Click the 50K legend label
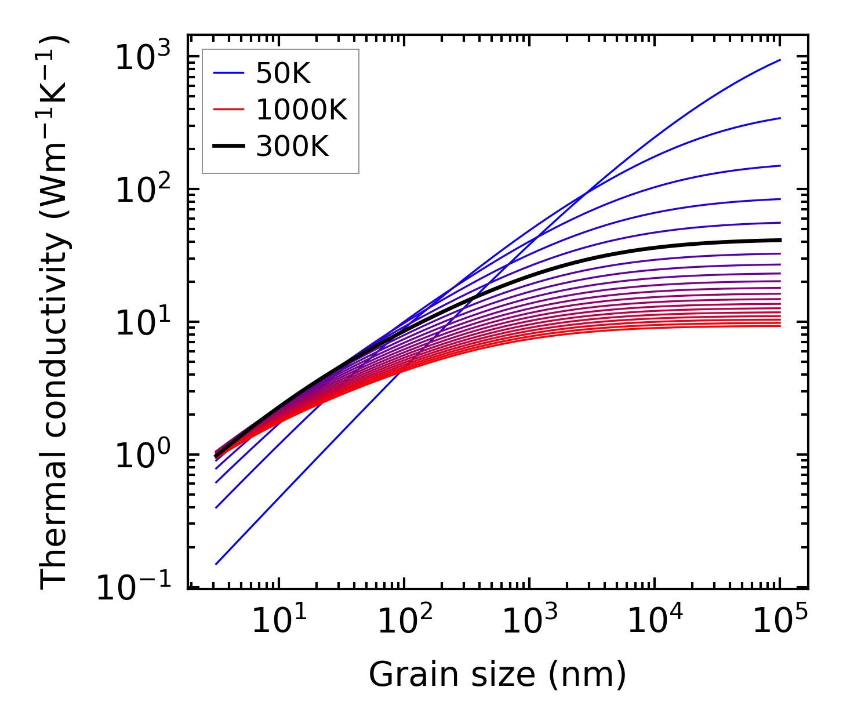[x=284, y=74]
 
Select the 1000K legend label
[x=301, y=110]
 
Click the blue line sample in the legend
[x=229, y=74]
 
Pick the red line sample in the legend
[x=229, y=110]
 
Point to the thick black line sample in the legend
[x=229, y=147]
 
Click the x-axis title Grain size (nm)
[x=497, y=675]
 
